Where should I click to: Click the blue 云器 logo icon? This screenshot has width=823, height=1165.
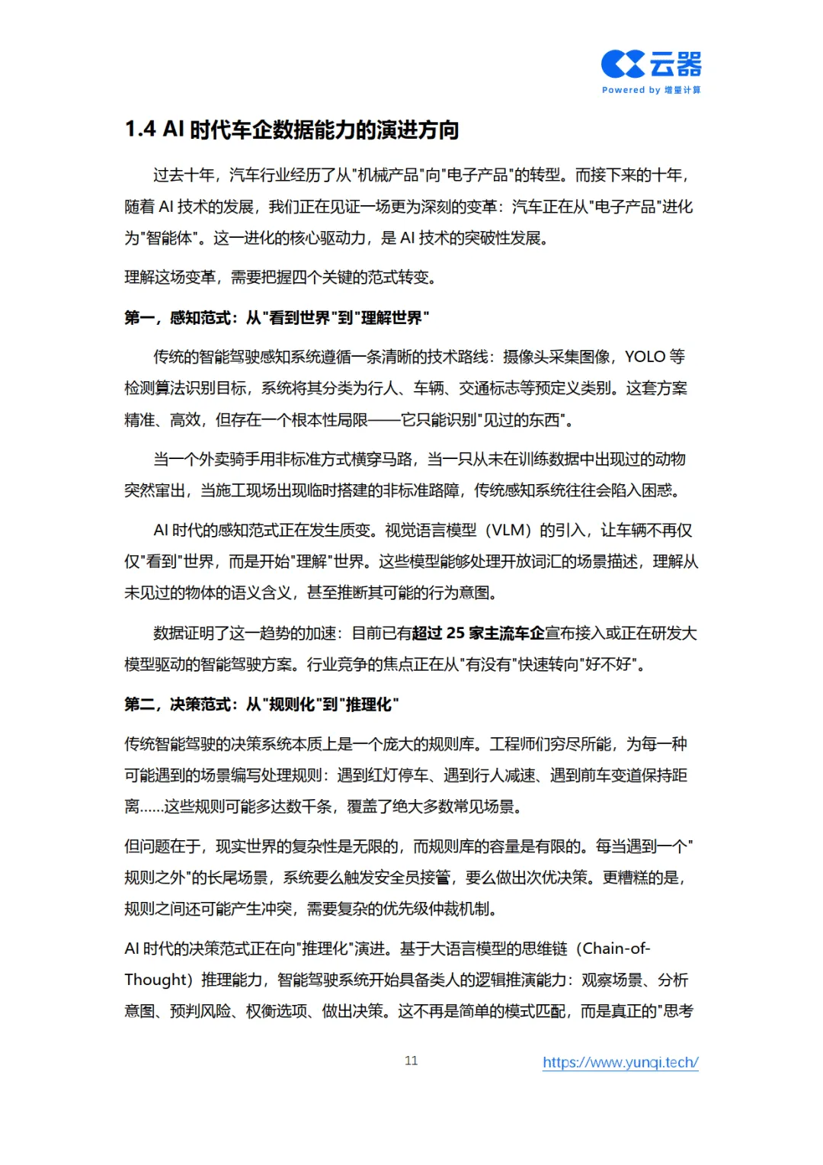pos(623,65)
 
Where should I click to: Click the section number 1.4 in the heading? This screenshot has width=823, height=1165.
pos(140,130)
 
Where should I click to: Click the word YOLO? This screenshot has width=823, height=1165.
pos(645,357)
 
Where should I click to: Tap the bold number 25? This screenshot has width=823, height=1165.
pos(455,634)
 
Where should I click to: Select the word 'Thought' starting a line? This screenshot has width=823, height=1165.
pos(156,980)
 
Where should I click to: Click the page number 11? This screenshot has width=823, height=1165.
pos(411,1061)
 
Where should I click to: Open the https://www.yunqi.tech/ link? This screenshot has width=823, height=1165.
pos(620,1062)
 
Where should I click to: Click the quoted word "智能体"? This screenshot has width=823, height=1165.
pos(169,239)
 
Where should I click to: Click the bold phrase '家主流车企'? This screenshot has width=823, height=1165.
pos(507,634)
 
